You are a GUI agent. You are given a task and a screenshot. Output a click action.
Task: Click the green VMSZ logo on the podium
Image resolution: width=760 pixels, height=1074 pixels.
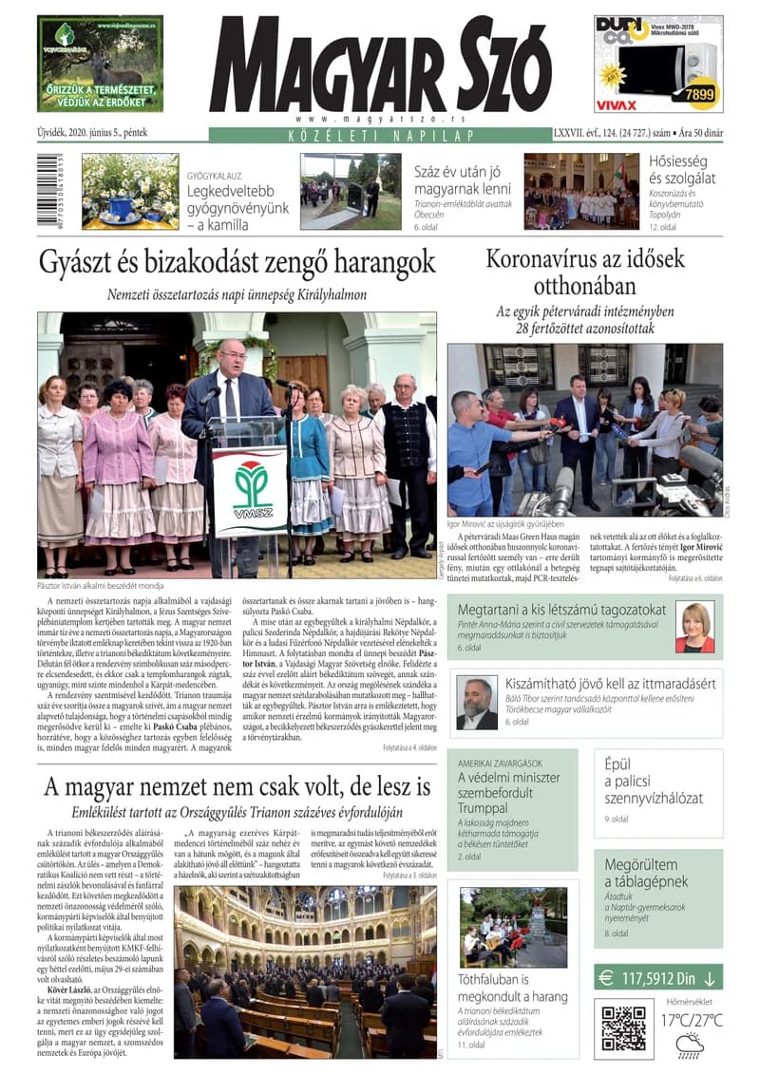[x=249, y=489]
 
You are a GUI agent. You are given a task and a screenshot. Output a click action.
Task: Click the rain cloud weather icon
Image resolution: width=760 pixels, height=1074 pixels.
[x=690, y=1046]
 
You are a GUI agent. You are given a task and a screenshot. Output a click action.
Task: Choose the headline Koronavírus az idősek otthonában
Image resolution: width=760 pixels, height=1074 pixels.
[x=583, y=272]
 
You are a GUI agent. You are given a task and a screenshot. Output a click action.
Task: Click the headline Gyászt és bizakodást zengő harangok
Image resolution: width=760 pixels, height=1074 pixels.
[x=237, y=262]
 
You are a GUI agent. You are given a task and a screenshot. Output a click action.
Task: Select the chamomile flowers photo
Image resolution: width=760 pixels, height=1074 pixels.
[x=129, y=191]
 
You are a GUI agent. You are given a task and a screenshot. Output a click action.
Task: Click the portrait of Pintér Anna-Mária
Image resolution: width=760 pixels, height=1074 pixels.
[x=694, y=628]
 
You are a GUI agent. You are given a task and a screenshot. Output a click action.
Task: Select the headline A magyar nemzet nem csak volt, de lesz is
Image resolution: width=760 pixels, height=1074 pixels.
[x=237, y=786]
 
